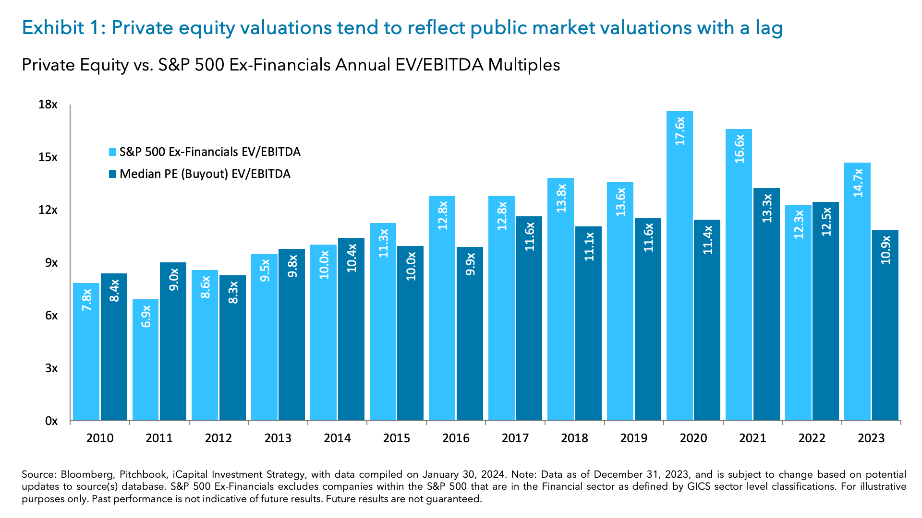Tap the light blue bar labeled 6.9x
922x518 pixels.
[x=146, y=360]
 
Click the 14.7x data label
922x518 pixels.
[x=858, y=183]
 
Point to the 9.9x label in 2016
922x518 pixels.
[x=470, y=264]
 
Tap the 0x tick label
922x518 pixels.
[x=51, y=421]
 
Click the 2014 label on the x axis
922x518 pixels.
[x=337, y=438]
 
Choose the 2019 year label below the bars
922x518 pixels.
[x=633, y=438]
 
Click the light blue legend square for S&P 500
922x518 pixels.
[x=113, y=153]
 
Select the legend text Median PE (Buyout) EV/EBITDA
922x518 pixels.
[x=205, y=174]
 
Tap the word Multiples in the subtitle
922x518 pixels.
[x=524, y=65]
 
